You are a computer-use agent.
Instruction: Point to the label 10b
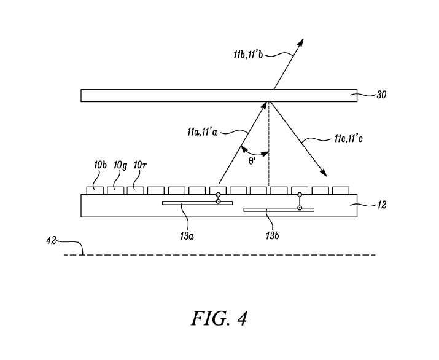(x=101, y=166)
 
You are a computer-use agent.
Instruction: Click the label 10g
(x=119, y=166)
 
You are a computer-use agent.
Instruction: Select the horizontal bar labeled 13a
(x=197, y=203)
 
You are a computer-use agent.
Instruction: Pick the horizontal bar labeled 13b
(x=279, y=209)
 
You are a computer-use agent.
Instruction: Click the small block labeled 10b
(x=94, y=190)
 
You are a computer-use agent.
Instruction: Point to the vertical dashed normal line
(x=269, y=147)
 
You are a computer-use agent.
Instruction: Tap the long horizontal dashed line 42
(x=221, y=254)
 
